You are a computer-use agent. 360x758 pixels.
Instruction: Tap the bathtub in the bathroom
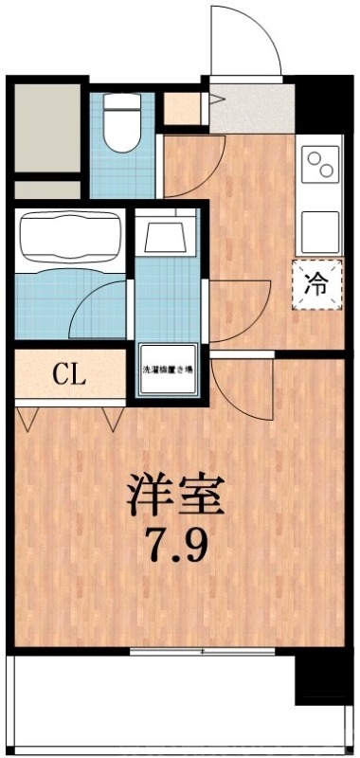[68, 236]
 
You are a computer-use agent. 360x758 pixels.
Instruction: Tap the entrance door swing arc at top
[244, 38]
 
